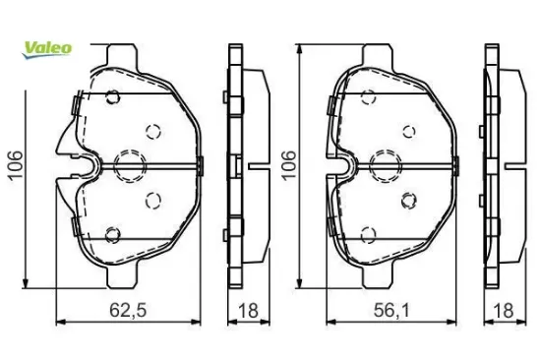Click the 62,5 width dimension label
pyautogui.click(x=128, y=310)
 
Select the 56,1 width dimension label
pyautogui.click(x=391, y=310)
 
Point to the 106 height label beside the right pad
pyautogui.click(x=289, y=165)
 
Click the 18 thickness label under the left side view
pyautogui.click(x=248, y=310)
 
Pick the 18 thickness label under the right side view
pyautogui.click(x=504, y=310)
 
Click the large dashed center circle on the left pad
pyautogui.click(x=130, y=166)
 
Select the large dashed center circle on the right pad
pyautogui.click(x=385, y=166)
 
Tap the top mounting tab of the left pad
pyautogui.click(x=120, y=54)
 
